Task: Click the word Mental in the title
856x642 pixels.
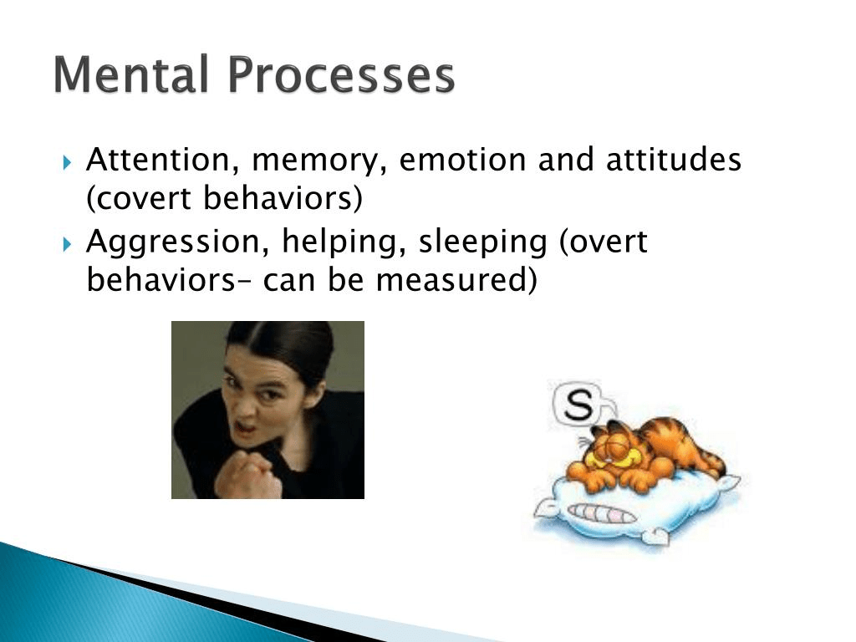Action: (x=131, y=74)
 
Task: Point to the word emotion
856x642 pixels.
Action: (x=463, y=160)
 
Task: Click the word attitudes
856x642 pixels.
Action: (x=674, y=160)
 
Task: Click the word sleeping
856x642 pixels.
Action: (x=482, y=242)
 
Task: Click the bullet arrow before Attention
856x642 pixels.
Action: (x=67, y=162)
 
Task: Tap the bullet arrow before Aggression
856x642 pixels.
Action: (x=67, y=244)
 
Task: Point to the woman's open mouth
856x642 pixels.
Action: (x=245, y=425)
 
